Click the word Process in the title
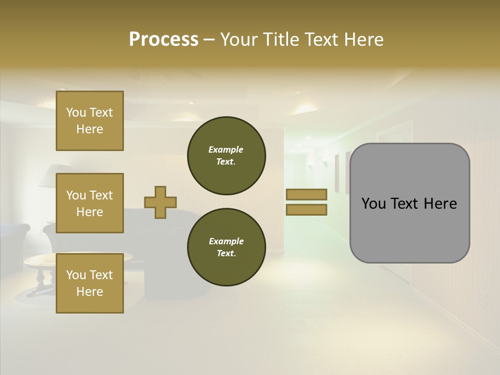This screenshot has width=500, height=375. click(x=164, y=40)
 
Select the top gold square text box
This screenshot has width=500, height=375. click(x=90, y=121)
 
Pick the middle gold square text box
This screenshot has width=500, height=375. click(x=90, y=203)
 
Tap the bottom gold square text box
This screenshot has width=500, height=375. click(x=90, y=283)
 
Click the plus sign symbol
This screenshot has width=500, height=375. click(x=160, y=202)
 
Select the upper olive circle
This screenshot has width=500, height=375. click(x=226, y=156)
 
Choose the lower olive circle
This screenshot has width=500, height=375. click(x=226, y=247)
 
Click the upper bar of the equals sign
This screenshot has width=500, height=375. click(x=306, y=195)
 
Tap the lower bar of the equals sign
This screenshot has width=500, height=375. click(x=306, y=209)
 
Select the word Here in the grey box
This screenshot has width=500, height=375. click(x=440, y=204)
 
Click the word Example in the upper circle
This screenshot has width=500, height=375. click(x=226, y=149)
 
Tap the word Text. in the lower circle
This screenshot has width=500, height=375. click(x=226, y=253)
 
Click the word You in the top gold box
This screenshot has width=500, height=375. click(x=76, y=113)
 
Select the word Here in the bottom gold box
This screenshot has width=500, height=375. click(x=90, y=292)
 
